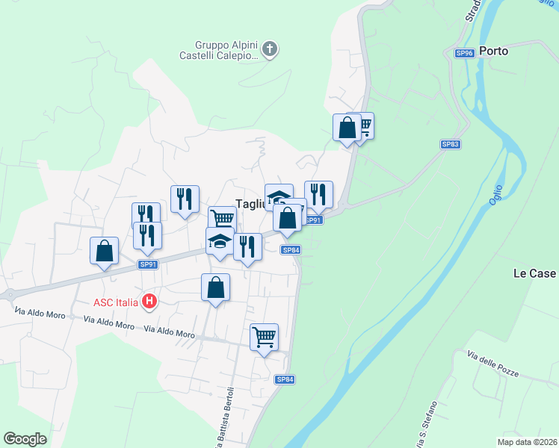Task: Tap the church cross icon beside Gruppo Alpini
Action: coord(271,51)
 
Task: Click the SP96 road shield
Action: coord(465,53)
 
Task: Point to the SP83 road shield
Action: coord(450,144)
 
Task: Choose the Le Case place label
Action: coord(534,274)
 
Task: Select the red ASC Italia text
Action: coord(116,302)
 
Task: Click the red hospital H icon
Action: coord(149,302)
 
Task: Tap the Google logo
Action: coord(25,439)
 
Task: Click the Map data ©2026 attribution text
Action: coord(527,442)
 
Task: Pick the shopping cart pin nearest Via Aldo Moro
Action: coord(264,336)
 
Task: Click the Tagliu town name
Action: coord(249,203)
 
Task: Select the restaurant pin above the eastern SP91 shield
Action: coord(318,194)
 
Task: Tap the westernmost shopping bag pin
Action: coord(105,250)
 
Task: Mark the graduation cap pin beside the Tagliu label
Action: coord(279,197)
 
